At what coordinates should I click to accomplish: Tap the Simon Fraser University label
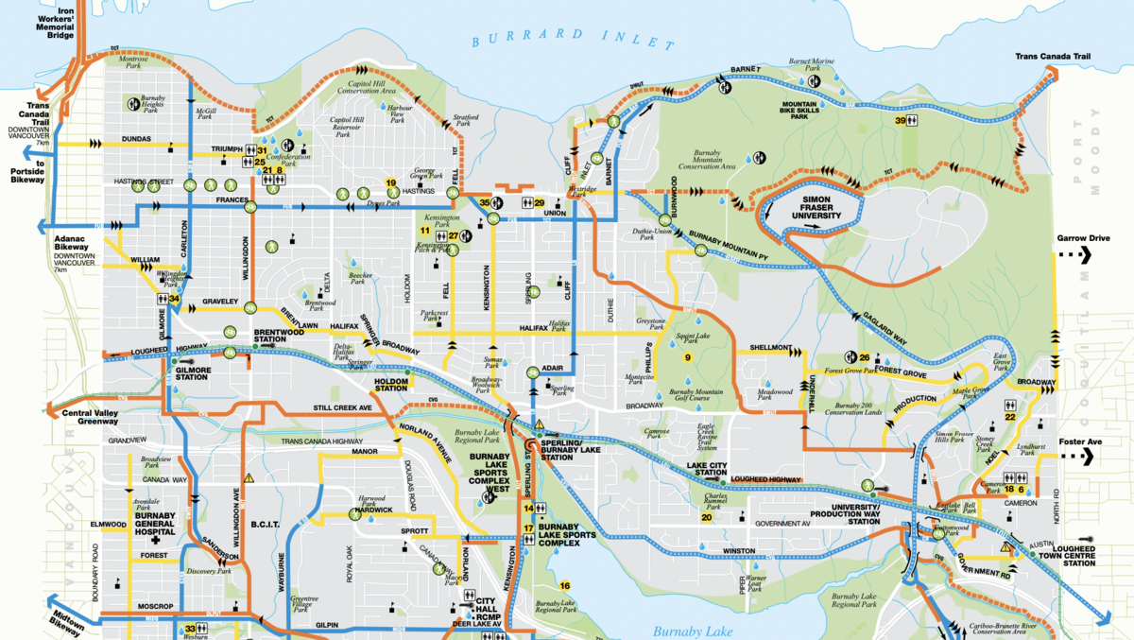[x=809, y=209]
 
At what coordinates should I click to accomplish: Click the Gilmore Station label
[x=189, y=372]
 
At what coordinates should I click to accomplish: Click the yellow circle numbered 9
[x=688, y=357]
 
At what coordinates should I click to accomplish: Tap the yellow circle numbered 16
[x=564, y=585]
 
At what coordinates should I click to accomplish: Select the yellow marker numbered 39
[x=901, y=121]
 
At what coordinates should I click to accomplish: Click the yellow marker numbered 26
[x=864, y=356]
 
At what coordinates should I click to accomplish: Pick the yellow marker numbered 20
[x=706, y=517]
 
